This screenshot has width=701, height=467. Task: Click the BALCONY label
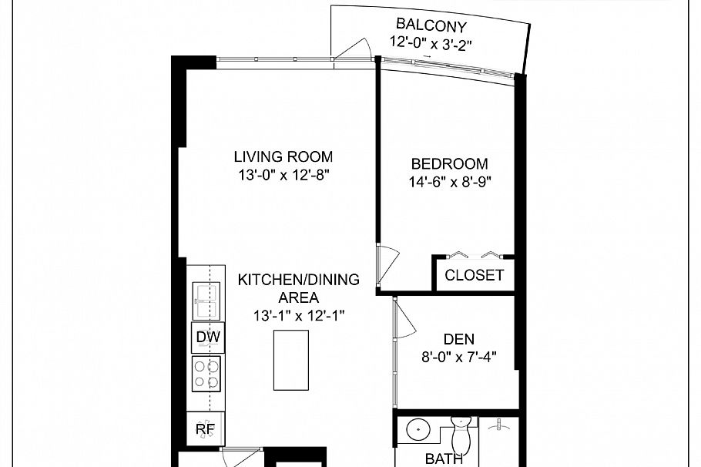[431, 23]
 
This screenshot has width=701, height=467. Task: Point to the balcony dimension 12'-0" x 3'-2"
[431, 43]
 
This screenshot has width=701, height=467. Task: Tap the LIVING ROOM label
[283, 157]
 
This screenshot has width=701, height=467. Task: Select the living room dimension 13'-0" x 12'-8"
[283, 176]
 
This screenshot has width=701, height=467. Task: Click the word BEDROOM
[449, 164]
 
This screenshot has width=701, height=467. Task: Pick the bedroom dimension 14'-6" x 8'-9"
[450, 183]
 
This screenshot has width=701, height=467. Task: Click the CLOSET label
[474, 275]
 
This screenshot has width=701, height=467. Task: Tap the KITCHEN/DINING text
[297, 280]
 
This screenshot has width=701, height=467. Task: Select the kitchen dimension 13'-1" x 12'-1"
[297, 315]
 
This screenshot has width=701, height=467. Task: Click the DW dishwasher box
[206, 337]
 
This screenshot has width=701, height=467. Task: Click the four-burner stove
[206, 374]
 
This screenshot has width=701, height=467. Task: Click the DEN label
[459, 338]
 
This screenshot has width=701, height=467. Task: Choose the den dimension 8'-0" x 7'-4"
[459, 357]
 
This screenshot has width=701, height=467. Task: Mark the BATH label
[444, 459]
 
